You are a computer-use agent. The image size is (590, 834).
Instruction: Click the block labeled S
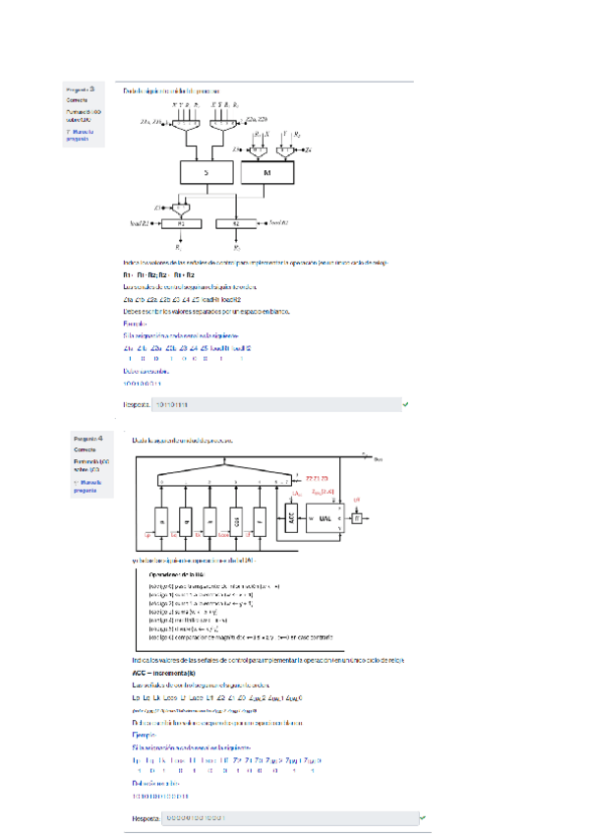click(206, 172)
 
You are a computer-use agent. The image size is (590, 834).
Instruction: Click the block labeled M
click(268, 172)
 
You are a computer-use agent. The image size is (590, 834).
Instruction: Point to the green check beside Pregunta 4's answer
click(422, 817)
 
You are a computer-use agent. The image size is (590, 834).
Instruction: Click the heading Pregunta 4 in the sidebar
click(88, 439)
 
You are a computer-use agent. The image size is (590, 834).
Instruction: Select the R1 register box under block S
click(180, 224)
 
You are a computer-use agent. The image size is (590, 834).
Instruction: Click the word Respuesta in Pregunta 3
click(137, 404)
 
